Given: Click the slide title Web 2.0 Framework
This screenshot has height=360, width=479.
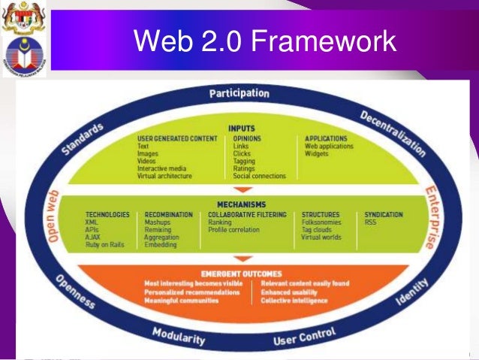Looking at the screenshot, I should [x=264, y=42].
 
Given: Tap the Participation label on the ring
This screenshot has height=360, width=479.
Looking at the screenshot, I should [x=239, y=93].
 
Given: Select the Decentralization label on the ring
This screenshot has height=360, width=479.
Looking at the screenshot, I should [x=393, y=134].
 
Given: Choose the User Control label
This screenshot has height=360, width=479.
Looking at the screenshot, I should [x=304, y=335].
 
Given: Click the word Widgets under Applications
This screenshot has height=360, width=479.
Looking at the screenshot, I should [x=317, y=153].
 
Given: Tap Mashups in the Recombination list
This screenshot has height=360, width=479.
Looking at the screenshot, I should [x=158, y=222].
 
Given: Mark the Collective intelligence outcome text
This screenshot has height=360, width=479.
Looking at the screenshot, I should [x=294, y=301].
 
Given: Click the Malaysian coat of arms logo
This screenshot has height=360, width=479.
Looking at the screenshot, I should [x=23, y=21].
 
